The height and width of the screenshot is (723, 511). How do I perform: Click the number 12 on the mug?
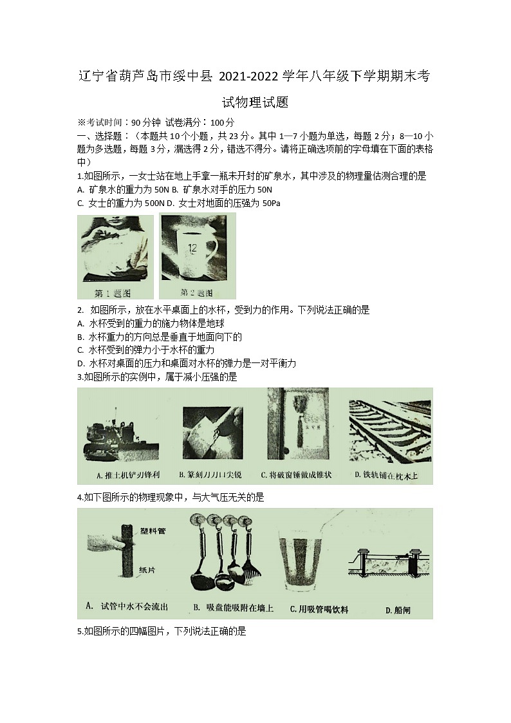click(x=192, y=247)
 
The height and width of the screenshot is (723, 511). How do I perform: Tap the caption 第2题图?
click(x=197, y=292)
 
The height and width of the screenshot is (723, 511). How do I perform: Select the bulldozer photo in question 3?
click(x=122, y=437)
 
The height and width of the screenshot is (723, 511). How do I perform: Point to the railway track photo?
click(x=390, y=427)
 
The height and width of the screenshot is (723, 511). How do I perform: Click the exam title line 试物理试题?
click(x=255, y=102)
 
